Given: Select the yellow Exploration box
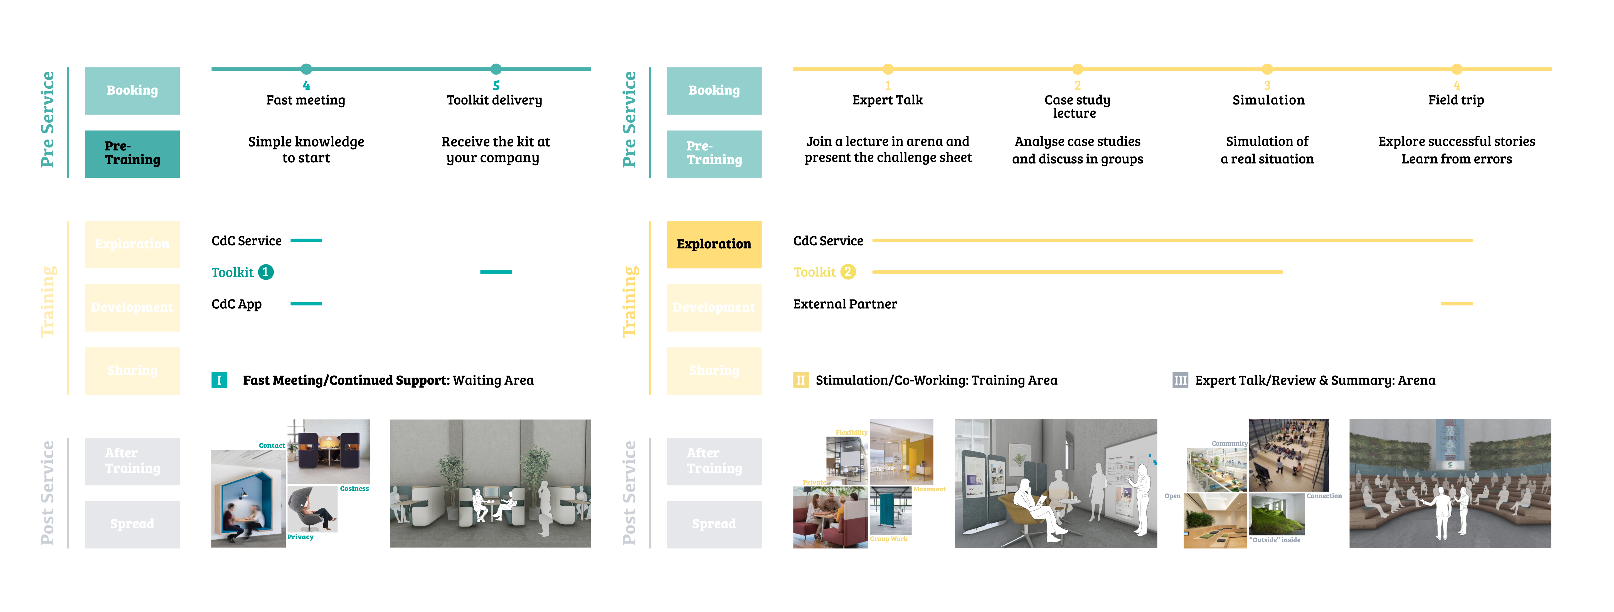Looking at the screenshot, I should pyautogui.click(x=714, y=244).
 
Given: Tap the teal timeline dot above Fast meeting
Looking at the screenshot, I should pyautogui.click(x=306, y=69).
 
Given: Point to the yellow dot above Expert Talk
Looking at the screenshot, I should pyautogui.click(x=888, y=69).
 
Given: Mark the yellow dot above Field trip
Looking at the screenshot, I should pyautogui.click(x=1457, y=69).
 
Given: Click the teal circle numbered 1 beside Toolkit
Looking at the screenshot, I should pyautogui.click(x=266, y=272).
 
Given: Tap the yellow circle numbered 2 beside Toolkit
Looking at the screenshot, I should pyautogui.click(x=848, y=272).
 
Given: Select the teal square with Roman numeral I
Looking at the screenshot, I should pyautogui.click(x=219, y=380).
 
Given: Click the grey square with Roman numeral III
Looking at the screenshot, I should pyautogui.click(x=1180, y=380).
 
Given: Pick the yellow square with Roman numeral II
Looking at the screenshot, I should pyautogui.click(x=801, y=380).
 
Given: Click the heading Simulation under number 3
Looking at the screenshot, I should pyautogui.click(x=1268, y=100).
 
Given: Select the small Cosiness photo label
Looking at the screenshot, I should pyautogui.click(x=355, y=489).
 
